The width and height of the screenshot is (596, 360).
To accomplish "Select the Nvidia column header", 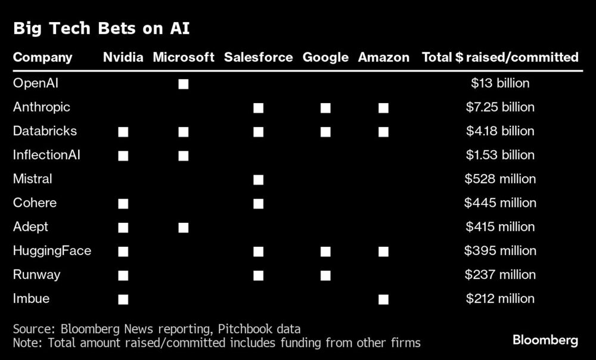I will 123,57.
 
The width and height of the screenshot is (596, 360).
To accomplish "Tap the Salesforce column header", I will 258,57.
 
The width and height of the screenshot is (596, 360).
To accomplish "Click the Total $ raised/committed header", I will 500,57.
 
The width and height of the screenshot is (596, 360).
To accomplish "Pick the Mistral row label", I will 33,179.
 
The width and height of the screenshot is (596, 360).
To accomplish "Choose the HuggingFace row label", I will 52,251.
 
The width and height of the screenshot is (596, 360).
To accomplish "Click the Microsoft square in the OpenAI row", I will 184,84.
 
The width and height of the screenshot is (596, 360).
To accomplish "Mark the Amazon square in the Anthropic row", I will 383,108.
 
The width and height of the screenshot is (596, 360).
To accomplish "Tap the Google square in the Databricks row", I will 325,132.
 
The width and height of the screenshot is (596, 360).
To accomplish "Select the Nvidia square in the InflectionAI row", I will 123,156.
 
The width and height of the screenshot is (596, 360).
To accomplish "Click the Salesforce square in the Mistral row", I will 258,179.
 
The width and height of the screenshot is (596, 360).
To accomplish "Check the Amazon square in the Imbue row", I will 383,299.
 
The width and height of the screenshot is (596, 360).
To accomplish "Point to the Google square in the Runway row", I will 325,275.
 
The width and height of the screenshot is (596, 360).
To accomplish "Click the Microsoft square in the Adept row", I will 184,227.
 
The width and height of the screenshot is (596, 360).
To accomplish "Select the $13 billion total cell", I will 500,83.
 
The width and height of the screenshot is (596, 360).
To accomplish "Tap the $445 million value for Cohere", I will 500,203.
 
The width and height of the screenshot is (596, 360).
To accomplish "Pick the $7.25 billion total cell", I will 500,107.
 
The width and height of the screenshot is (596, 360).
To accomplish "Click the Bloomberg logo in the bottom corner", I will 545,340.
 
